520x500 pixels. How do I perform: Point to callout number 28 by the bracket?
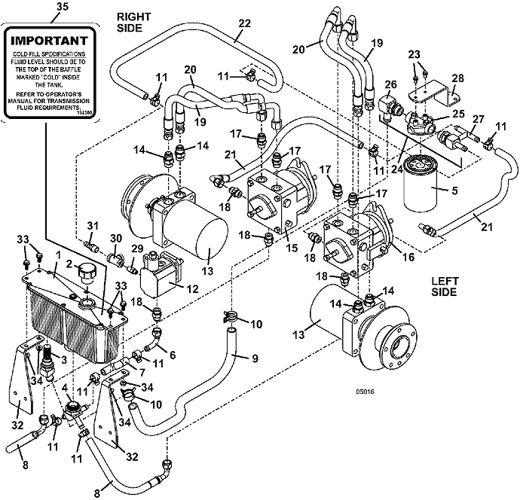click(x=456, y=79)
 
